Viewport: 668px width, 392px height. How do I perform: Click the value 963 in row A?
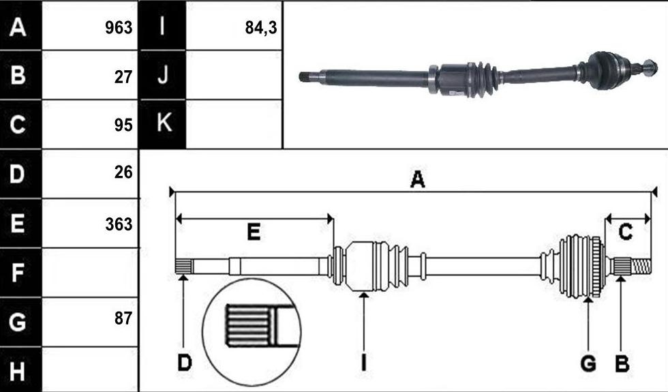coord(119,28)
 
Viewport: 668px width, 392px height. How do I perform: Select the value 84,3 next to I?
coord(261,28)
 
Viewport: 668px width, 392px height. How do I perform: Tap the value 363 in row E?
coord(119,224)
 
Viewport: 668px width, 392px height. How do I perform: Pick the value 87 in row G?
coord(123,318)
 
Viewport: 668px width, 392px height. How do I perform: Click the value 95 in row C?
coord(123,125)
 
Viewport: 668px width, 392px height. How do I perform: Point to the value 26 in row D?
coord(123,172)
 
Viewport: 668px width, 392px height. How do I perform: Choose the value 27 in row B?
coord(123,77)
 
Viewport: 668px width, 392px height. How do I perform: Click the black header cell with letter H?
coord(20,370)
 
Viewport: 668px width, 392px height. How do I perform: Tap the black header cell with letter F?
coord(20,273)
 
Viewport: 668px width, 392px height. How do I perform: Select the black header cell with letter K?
coord(163,124)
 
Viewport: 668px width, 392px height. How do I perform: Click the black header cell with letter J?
coord(163,75)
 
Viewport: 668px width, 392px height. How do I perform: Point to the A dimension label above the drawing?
coord(417,179)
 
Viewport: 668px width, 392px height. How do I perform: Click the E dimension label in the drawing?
coord(254,232)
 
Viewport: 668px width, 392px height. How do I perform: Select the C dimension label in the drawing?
coord(625,232)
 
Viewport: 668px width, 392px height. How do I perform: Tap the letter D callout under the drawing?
coord(185,363)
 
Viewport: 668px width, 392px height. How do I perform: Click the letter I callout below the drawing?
coord(363,363)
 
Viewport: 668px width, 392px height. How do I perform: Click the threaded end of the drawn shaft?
coord(641,267)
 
